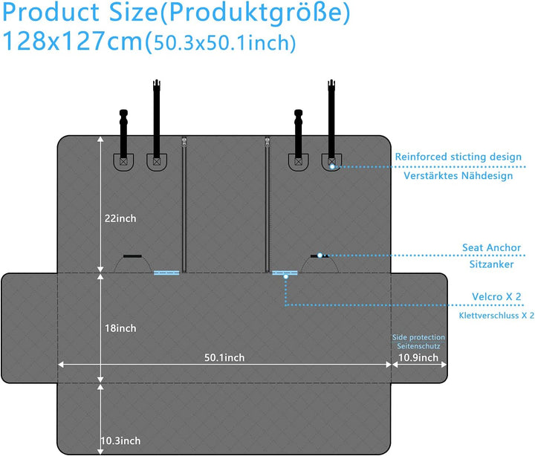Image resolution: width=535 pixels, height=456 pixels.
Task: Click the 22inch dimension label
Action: click(x=120, y=218)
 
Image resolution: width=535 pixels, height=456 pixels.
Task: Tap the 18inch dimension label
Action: click(x=120, y=328)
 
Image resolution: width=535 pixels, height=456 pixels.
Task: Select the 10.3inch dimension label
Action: click(x=120, y=442)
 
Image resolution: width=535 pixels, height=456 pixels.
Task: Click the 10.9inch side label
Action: click(x=418, y=357)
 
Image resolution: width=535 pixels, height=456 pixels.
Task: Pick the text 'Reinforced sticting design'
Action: click(x=458, y=157)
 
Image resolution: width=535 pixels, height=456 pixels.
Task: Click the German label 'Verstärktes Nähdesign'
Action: click(x=458, y=177)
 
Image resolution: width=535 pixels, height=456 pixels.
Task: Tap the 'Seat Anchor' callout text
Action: click(x=491, y=248)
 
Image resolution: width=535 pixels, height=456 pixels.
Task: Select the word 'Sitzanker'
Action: click(x=491, y=264)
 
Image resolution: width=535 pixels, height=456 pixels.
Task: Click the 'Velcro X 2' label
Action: click(x=496, y=297)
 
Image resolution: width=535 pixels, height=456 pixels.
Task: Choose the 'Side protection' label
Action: click(x=419, y=337)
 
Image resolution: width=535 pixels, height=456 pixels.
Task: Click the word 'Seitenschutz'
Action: click(x=419, y=346)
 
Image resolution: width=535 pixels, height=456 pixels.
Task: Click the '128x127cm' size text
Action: click(x=72, y=42)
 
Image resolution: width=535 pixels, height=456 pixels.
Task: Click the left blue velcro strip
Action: click(x=166, y=273)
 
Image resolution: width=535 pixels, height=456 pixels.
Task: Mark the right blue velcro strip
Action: click(x=284, y=273)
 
